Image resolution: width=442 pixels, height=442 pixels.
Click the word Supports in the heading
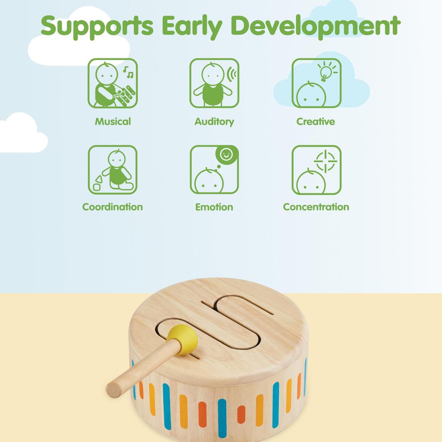(x=97, y=27)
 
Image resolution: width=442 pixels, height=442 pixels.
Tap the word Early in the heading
(x=192, y=27)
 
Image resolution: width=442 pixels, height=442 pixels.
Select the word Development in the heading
(x=316, y=26)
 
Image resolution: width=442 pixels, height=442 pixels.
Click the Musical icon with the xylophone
(x=113, y=83)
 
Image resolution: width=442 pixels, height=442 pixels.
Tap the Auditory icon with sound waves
(x=214, y=83)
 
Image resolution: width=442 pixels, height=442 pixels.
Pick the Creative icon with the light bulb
(x=316, y=83)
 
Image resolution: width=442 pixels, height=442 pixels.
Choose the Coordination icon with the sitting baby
(x=113, y=170)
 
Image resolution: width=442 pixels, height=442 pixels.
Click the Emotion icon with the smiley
(x=214, y=170)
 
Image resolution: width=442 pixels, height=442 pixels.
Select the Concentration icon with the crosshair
(x=316, y=170)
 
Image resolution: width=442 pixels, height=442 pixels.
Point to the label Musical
(x=113, y=121)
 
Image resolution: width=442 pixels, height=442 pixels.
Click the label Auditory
(x=214, y=122)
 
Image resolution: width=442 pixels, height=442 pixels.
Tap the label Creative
(x=316, y=121)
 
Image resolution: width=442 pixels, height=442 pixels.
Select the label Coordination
(x=113, y=207)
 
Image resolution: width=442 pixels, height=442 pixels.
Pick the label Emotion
(x=214, y=207)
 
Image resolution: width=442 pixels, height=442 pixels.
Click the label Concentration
(x=316, y=207)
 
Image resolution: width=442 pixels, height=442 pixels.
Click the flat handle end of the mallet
(x=114, y=388)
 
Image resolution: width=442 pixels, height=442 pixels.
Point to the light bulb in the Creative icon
(x=326, y=71)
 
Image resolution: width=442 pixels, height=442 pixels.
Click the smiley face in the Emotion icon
(x=226, y=154)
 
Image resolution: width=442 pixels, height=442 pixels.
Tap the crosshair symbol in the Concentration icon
(x=325, y=161)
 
